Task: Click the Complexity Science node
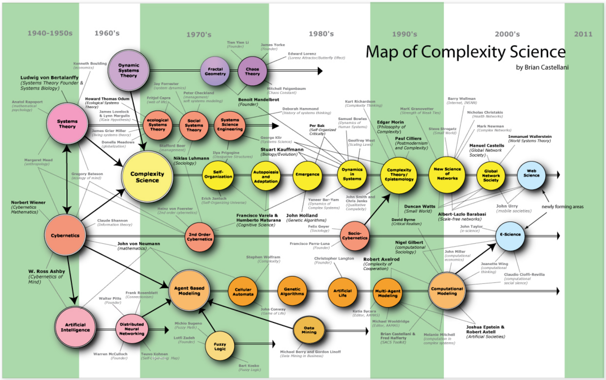[147, 177]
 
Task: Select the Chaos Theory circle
[252, 71]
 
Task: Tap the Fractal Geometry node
[215, 71]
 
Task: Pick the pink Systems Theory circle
[67, 124]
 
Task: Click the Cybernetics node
[65, 235]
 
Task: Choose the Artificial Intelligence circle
[75, 327]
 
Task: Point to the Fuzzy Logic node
[220, 346]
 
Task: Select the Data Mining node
[309, 330]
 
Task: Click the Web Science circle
[531, 175]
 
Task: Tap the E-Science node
[510, 235]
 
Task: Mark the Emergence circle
[307, 175]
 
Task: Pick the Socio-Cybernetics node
[355, 236]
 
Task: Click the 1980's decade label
[321, 34]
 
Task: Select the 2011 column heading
[583, 34]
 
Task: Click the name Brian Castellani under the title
[547, 67]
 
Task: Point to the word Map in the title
[382, 52]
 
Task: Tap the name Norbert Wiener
[28, 202]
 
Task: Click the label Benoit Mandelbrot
[259, 100]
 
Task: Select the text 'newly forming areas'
[562, 206]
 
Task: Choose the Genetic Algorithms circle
[292, 291]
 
